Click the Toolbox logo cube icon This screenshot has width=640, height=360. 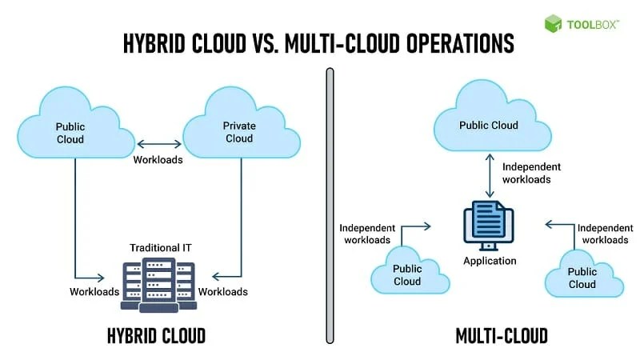click(x=554, y=23)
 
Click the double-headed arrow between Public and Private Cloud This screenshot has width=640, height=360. click(x=158, y=144)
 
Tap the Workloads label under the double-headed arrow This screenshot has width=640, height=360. click(x=158, y=159)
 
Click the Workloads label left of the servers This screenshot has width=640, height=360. click(x=94, y=291)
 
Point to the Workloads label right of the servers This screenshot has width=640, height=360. click(x=223, y=291)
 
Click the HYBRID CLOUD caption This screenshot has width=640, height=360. click(x=156, y=335)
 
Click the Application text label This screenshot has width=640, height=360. click(x=490, y=261)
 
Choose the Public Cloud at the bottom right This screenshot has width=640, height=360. click(x=582, y=277)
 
